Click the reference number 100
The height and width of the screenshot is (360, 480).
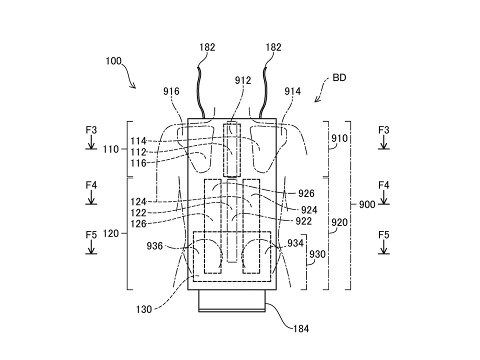[113, 61]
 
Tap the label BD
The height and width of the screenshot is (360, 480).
[339, 78]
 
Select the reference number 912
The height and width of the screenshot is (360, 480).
[243, 80]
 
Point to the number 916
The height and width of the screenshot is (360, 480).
[171, 91]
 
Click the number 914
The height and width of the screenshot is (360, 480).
[292, 91]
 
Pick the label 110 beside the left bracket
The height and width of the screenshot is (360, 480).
[110, 149]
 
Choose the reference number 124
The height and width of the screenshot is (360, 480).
[138, 202]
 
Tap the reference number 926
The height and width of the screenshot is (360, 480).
[306, 193]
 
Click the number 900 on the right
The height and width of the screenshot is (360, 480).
[367, 204]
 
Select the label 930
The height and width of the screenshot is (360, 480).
[317, 254]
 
